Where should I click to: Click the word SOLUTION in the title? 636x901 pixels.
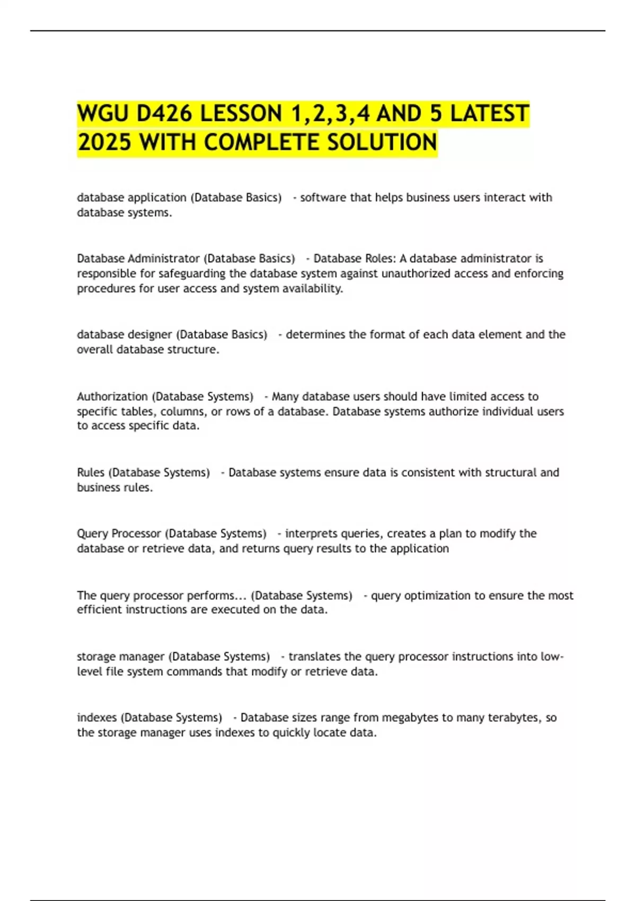[382, 142]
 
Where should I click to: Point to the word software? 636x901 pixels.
[323, 198]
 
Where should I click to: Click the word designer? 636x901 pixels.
[151, 334]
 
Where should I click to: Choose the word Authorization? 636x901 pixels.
[112, 396]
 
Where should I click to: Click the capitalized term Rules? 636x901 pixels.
[90, 472]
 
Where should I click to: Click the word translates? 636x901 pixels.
[314, 657]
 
